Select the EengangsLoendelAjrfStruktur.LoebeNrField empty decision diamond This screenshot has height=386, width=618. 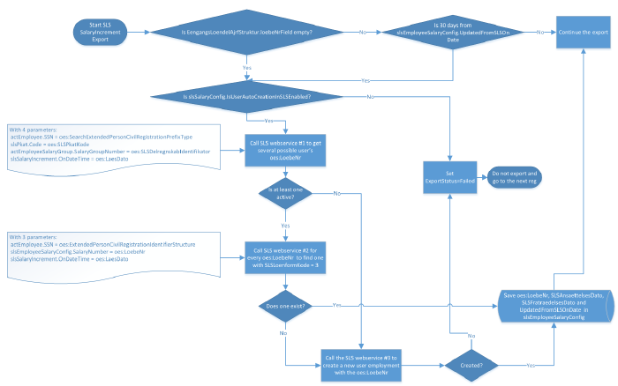click(x=245, y=32)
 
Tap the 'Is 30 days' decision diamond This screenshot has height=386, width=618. click(x=459, y=32)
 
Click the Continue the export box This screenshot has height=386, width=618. click(x=583, y=32)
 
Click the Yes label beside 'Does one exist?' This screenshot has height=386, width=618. click(x=336, y=304)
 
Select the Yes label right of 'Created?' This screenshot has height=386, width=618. click(x=530, y=362)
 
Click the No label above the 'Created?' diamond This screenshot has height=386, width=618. click(x=471, y=335)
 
